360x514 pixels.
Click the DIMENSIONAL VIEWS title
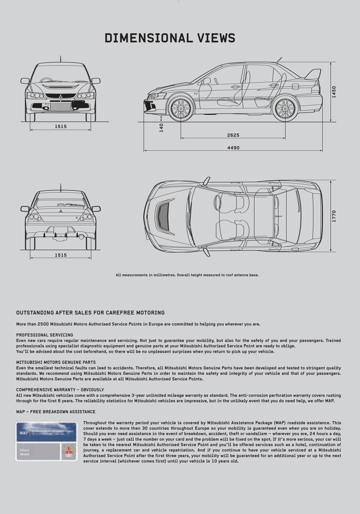coord(170,38)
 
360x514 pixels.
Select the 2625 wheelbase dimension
coord(233,135)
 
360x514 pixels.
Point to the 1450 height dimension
coord(333,93)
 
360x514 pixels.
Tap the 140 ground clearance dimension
coord(161,127)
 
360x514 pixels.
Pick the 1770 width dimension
coord(333,216)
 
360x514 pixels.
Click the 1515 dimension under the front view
coord(61,126)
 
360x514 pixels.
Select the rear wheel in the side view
coord(284,108)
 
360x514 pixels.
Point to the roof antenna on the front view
coord(61,59)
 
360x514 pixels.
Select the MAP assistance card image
coord(45,440)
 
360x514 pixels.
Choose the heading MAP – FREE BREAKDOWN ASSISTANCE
coord(56,411)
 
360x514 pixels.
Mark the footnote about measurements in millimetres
coord(187,275)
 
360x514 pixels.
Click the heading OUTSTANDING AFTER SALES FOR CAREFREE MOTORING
coord(91,313)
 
